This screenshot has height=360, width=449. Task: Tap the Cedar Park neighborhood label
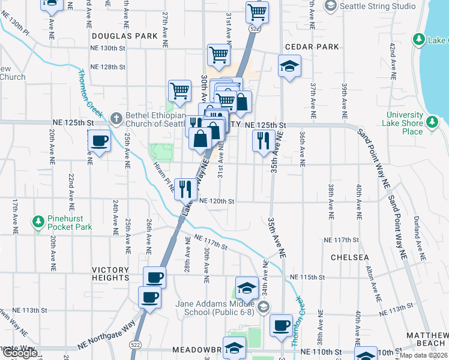(312, 47)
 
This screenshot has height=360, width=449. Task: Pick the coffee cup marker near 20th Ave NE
(100, 141)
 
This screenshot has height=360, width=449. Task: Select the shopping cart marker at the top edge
(257, 11)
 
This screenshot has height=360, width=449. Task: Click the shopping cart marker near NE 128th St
(218, 55)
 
